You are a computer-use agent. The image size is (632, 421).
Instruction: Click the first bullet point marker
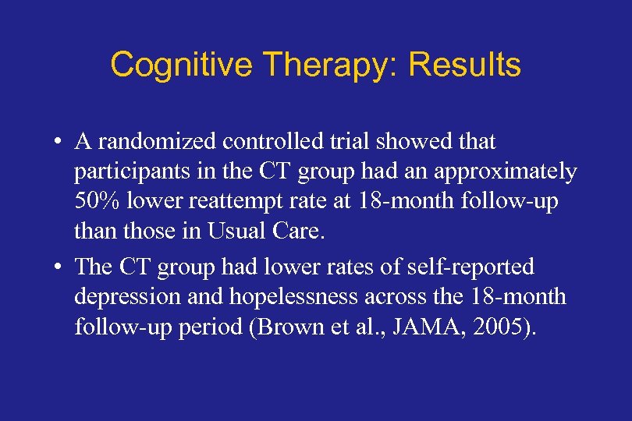pyautogui.click(x=59, y=143)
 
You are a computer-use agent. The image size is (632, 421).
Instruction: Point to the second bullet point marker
pyautogui.click(x=59, y=268)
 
